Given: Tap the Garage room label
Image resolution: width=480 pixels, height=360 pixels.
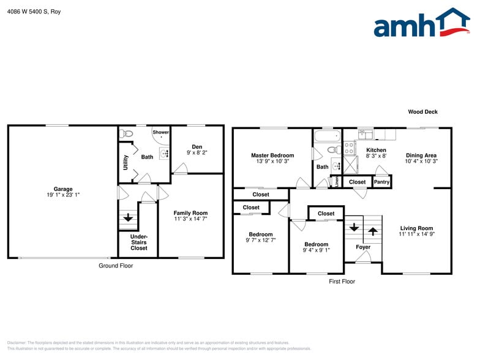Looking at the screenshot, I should tap(62, 189).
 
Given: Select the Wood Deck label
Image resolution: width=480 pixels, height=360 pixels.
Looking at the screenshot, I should tap(422, 112).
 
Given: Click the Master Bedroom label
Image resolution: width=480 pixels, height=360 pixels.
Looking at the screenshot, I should tap(272, 156).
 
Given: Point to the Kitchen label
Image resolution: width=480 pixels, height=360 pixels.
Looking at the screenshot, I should tap(376, 150).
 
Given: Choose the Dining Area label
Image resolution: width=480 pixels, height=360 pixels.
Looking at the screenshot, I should tap(421, 156).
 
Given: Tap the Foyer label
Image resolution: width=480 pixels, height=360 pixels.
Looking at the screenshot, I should tap(363, 247).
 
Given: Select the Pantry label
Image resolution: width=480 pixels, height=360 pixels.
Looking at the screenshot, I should tap(381, 182).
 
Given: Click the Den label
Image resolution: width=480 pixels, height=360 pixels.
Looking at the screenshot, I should tap(197, 147).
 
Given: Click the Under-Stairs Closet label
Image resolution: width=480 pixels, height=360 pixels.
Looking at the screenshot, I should tap(139, 242).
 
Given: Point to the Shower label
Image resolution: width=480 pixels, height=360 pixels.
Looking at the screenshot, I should tap(161, 132).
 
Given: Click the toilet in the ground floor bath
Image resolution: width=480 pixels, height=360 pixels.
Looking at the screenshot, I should tap(128, 133).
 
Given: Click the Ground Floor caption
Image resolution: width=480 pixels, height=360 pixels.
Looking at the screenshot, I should tap(116, 266).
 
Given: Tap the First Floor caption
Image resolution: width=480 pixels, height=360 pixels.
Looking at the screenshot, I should tap(341, 282).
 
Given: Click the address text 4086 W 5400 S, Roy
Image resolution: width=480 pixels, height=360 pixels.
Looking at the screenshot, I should tap(34, 12).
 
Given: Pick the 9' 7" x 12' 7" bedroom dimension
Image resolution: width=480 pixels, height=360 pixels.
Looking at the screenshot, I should tap(260, 241).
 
